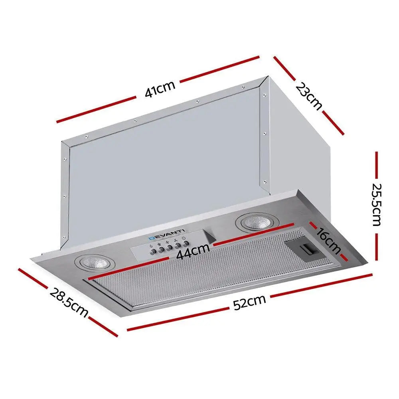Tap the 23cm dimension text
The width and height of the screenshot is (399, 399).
tap(309, 96)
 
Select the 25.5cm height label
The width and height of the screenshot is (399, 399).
tap(376, 205)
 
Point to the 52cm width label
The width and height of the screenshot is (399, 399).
tap(250, 302)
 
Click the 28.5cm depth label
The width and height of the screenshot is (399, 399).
tap(69, 302)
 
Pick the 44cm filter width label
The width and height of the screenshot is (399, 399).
tap(193, 251)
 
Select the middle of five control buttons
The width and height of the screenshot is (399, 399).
tap(169, 248)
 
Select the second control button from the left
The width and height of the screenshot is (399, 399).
tap(161, 250)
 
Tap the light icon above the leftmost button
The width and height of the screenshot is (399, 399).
tap(152, 247)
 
